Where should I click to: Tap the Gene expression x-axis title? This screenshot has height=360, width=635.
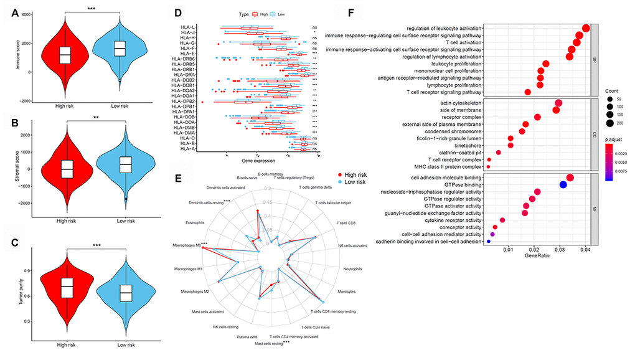point(260,160)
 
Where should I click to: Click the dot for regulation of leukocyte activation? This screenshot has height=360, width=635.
point(585,29)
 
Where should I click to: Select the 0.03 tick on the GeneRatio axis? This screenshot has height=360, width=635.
point(560,249)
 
